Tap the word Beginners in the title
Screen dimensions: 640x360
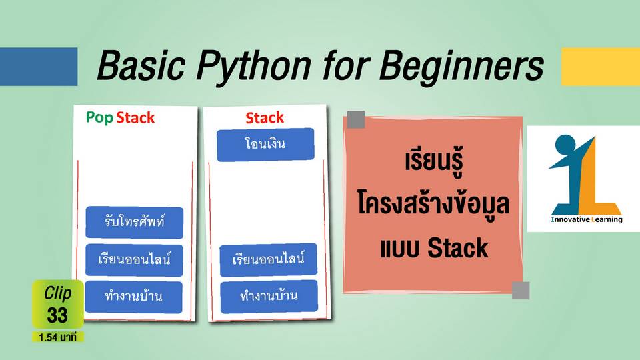point(461,65)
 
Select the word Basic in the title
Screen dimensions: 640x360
point(141,65)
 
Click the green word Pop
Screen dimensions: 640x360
point(99,118)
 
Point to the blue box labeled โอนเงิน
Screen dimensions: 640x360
point(265,145)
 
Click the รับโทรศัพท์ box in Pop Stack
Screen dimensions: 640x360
point(134,222)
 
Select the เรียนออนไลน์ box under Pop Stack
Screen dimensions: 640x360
point(134,259)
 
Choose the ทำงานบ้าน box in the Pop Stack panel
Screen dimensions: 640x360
point(133,297)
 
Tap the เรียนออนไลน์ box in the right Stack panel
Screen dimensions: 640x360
point(268,259)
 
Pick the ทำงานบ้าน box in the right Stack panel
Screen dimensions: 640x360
point(269,296)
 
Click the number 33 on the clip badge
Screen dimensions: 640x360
point(57,315)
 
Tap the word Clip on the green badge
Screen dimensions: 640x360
point(57,293)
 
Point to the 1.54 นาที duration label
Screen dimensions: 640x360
point(57,337)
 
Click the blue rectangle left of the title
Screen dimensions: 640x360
point(39,67)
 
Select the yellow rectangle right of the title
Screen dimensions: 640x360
point(601,67)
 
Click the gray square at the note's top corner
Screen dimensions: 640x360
point(355,119)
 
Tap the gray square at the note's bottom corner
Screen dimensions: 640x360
point(521,290)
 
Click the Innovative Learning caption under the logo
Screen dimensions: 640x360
point(587,219)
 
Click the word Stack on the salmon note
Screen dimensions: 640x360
point(457,248)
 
